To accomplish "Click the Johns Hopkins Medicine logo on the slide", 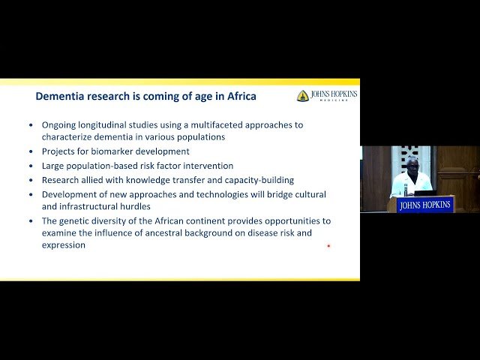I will coord(326,96).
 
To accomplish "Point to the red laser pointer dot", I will coord(328,245).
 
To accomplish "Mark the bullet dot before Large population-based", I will coord(31,166).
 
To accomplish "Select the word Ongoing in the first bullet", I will coord(58,124).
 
